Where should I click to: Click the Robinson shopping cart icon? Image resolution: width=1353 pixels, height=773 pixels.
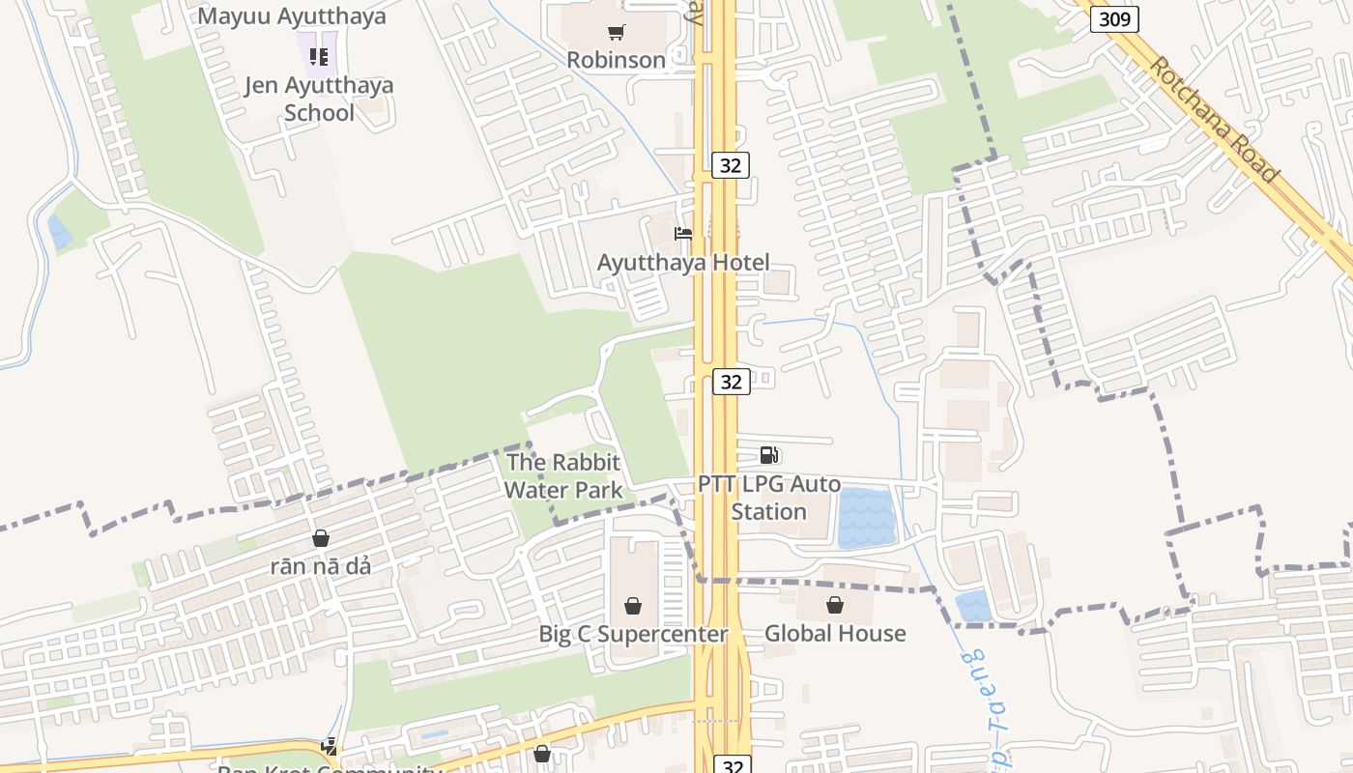pos(616,33)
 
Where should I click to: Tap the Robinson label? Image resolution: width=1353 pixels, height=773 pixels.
pos(616,60)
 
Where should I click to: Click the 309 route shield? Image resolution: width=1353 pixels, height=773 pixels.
pos(1114,19)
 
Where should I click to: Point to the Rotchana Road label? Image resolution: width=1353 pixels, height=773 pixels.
pos(1214,119)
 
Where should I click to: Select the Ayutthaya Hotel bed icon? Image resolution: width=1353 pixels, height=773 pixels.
pos(683,234)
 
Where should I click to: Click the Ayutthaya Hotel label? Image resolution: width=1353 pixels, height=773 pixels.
pos(683,262)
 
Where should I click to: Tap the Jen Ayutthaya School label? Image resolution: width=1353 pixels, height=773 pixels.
pos(319,99)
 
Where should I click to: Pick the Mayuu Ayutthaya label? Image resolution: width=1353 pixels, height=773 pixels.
pos(292,16)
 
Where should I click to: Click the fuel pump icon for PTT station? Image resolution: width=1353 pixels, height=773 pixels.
pos(769,455)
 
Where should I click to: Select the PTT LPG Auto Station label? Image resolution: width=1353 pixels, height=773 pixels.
pos(769,498)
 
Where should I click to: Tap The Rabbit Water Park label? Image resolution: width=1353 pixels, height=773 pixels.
pos(562,476)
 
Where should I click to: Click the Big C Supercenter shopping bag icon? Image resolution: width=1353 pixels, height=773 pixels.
pos(632,606)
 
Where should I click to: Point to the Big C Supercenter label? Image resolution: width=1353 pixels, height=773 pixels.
pos(633,634)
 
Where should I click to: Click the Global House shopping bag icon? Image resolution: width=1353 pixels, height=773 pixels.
pos(835,606)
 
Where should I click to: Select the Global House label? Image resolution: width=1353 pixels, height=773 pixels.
pos(835,634)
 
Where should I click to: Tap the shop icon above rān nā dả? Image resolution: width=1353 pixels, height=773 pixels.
pos(320,538)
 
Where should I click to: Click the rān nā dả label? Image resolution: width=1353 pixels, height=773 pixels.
pos(320,566)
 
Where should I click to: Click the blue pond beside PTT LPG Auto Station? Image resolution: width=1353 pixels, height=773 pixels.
pos(866,519)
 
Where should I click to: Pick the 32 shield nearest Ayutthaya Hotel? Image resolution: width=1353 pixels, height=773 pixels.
pos(731,165)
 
